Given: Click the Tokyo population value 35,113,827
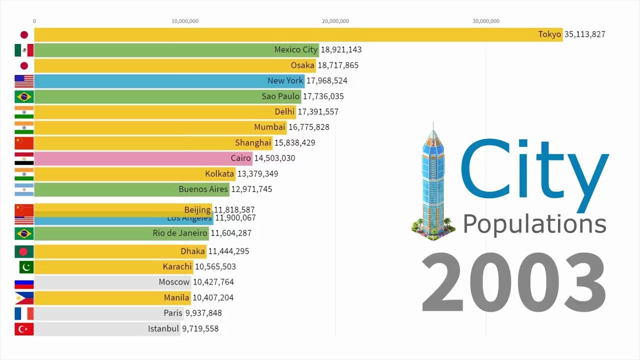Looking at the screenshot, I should point(584,34).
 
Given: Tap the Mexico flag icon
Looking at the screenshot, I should point(24,50).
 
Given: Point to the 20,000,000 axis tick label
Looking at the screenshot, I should point(335,21).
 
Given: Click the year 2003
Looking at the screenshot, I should point(513,283).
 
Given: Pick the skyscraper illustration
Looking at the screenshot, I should point(432,180).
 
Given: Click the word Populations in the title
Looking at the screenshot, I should point(534,223).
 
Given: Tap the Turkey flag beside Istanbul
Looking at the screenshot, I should point(24,329).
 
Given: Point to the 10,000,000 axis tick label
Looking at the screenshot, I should point(185,21).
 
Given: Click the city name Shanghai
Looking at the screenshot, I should point(252,143).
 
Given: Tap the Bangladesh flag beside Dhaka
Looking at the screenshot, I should point(24,251).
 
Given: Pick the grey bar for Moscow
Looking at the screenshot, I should point(95,282).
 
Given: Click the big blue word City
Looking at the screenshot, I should point(534,170).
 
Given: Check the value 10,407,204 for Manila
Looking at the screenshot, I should point(213,298).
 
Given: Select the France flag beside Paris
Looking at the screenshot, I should point(24,313).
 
